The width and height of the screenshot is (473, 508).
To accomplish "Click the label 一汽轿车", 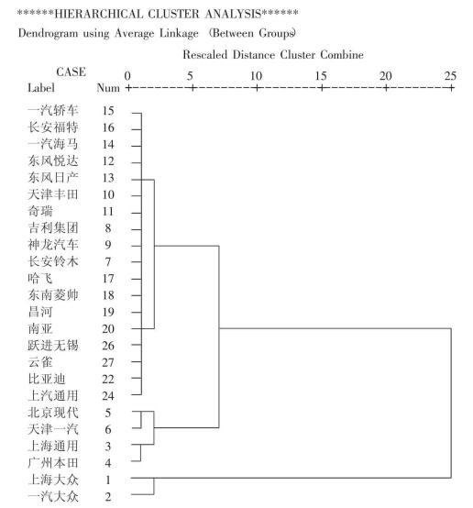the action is point(53,110).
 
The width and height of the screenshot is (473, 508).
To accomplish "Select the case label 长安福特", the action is point(53,127).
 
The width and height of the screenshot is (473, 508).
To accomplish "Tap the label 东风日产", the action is point(53,178).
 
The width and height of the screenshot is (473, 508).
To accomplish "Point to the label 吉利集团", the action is point(53,227).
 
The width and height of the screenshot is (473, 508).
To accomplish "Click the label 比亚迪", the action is point(47,379).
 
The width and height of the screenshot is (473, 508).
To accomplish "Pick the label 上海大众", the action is point(53,480).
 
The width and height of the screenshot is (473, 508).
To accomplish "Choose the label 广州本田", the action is point(53,463).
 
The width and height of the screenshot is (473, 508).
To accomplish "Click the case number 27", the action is point(108,362).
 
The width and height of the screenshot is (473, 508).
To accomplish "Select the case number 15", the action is point(108,111).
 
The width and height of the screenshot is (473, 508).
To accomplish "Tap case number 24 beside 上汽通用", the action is point(108,395).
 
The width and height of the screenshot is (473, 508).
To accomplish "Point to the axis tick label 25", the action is point(450,76).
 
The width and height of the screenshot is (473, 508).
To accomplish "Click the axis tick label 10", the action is point(256,76).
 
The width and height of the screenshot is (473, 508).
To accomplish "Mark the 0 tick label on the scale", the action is point(127,76).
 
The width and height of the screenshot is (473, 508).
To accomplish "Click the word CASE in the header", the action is point(71,72).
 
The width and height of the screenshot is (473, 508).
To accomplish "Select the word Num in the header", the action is point(108,88).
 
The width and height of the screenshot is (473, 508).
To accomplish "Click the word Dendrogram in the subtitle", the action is point(48,33).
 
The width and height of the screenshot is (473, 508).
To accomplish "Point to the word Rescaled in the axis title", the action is point(204,54).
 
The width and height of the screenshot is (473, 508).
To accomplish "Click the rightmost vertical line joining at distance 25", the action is point(451,403).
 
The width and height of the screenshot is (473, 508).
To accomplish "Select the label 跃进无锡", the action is point(53,346).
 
